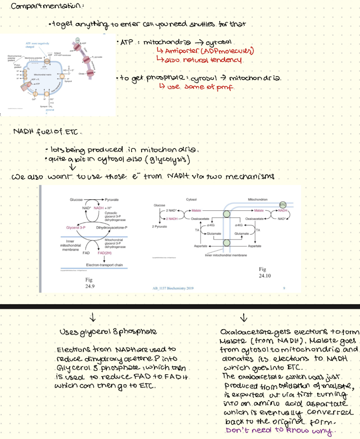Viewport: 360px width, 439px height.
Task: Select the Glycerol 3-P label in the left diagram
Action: (x=76, y=227)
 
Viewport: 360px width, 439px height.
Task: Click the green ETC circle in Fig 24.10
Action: (x=282, y=205)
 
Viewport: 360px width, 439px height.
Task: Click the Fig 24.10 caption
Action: (x=265, y=273)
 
